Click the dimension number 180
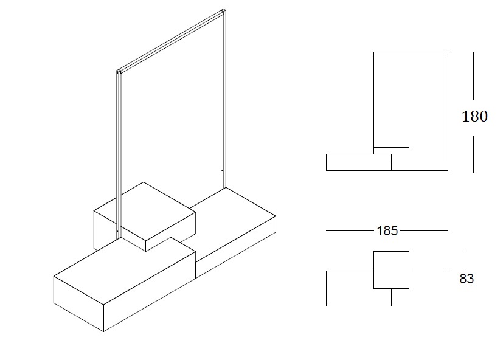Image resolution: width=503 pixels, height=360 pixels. pyautogui.click(x=474, y=117)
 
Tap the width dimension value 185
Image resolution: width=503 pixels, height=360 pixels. pyautogui.click(x=387, y=230)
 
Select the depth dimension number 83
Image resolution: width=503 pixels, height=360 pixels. pyautogui.click(x=467, y=279)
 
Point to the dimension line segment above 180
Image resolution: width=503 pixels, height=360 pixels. pyautogui.click(x=473, y=76)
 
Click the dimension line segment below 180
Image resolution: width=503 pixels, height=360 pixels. pyautogui.click(x=473, y=154)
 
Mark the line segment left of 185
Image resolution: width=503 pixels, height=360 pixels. pyautogui.click(x=350, y=230)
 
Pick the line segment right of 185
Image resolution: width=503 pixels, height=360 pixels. pyautogui.click(x=424, y=230)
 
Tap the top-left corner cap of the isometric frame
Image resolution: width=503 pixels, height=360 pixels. pyautogui.click(x=119, y=71)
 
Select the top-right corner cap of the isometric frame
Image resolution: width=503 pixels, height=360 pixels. pyautogui.click(x=224, y=11)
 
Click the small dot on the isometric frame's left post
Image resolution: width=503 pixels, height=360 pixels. pyautogui.click(x=118, y=230)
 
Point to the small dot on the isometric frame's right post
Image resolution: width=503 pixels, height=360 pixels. pyautogui.click(x=222, y=171)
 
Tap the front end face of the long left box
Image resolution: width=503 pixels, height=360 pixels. pyautogui.click(x=78, y=303)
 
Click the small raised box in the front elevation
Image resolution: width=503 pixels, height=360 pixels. pyautogui.click(x=391, y=154)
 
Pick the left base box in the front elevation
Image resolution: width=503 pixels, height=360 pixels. pyautogui.click(x=359, y=162)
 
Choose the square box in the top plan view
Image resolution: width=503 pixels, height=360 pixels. pyautogui.click(x=391, y=270)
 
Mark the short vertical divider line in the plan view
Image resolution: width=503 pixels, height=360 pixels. pyautogui.click(x=391, y=297)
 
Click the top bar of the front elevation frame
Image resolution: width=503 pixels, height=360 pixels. pyautogui.click(x=410, y=53)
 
